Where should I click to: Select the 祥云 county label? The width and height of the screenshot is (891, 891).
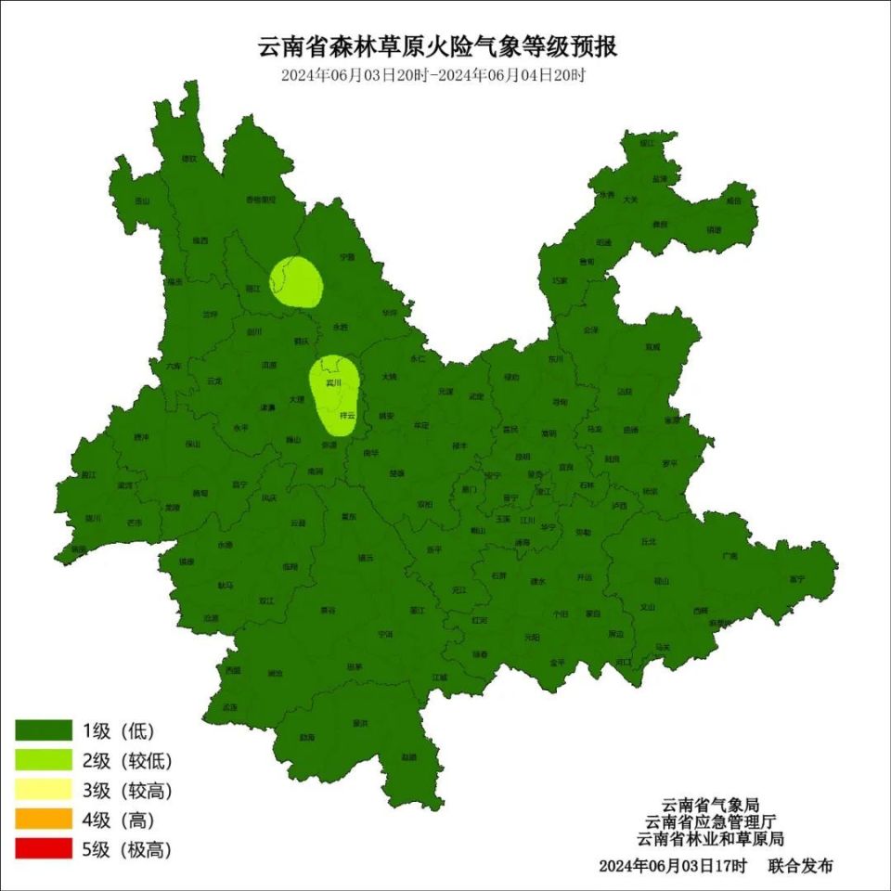pyautogui.click(x=347, y=415)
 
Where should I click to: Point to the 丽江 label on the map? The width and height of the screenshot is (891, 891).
pyautogui.click(x=253, y=289)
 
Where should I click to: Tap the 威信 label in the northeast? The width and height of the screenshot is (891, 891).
pyautogui.click(x=734, y=200)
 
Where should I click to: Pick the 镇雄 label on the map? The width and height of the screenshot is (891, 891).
pyautogui.click(x=713, y=228)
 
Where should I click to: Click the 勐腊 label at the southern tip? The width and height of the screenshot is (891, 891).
pyautogui.click(x=408, y=756)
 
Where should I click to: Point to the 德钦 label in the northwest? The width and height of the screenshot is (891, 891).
pyautogui.click(x=189, y=159)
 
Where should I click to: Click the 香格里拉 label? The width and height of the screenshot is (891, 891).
pyautogui.click(x=260, y=200)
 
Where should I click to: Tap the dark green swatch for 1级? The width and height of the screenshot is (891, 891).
pyautogui.click(x=44, y=730)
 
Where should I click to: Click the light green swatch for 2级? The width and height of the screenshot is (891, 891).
pyautogui.click(x=44, y=760)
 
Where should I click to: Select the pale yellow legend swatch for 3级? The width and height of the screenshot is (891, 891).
pyautogui.click(x=44, y=790)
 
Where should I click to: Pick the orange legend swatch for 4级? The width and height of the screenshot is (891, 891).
pyautogui.click(x=44, y=820)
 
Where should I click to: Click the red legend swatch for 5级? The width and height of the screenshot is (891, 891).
pyautogui.click(x=44, y=849)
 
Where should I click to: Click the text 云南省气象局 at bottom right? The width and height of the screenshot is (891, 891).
pyautogui.click(x=710, y=805)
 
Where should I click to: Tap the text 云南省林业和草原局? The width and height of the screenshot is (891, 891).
pyautogui.click(x=710, y=838)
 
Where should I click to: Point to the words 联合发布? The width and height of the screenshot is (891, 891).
pyautogui.click(x=800, y=866)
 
